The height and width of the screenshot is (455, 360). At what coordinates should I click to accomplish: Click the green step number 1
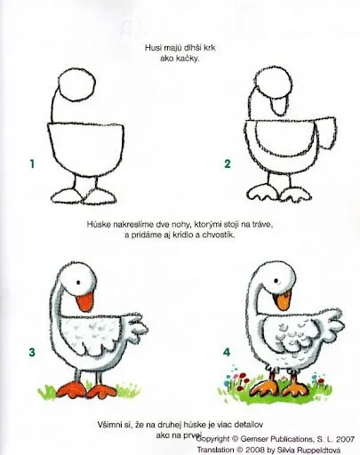(31, 164)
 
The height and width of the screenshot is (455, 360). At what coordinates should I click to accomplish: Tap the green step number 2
(228, 164)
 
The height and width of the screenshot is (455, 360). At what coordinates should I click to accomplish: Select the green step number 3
(31, 354)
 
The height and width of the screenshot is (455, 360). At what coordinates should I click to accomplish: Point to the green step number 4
(227, 354)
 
